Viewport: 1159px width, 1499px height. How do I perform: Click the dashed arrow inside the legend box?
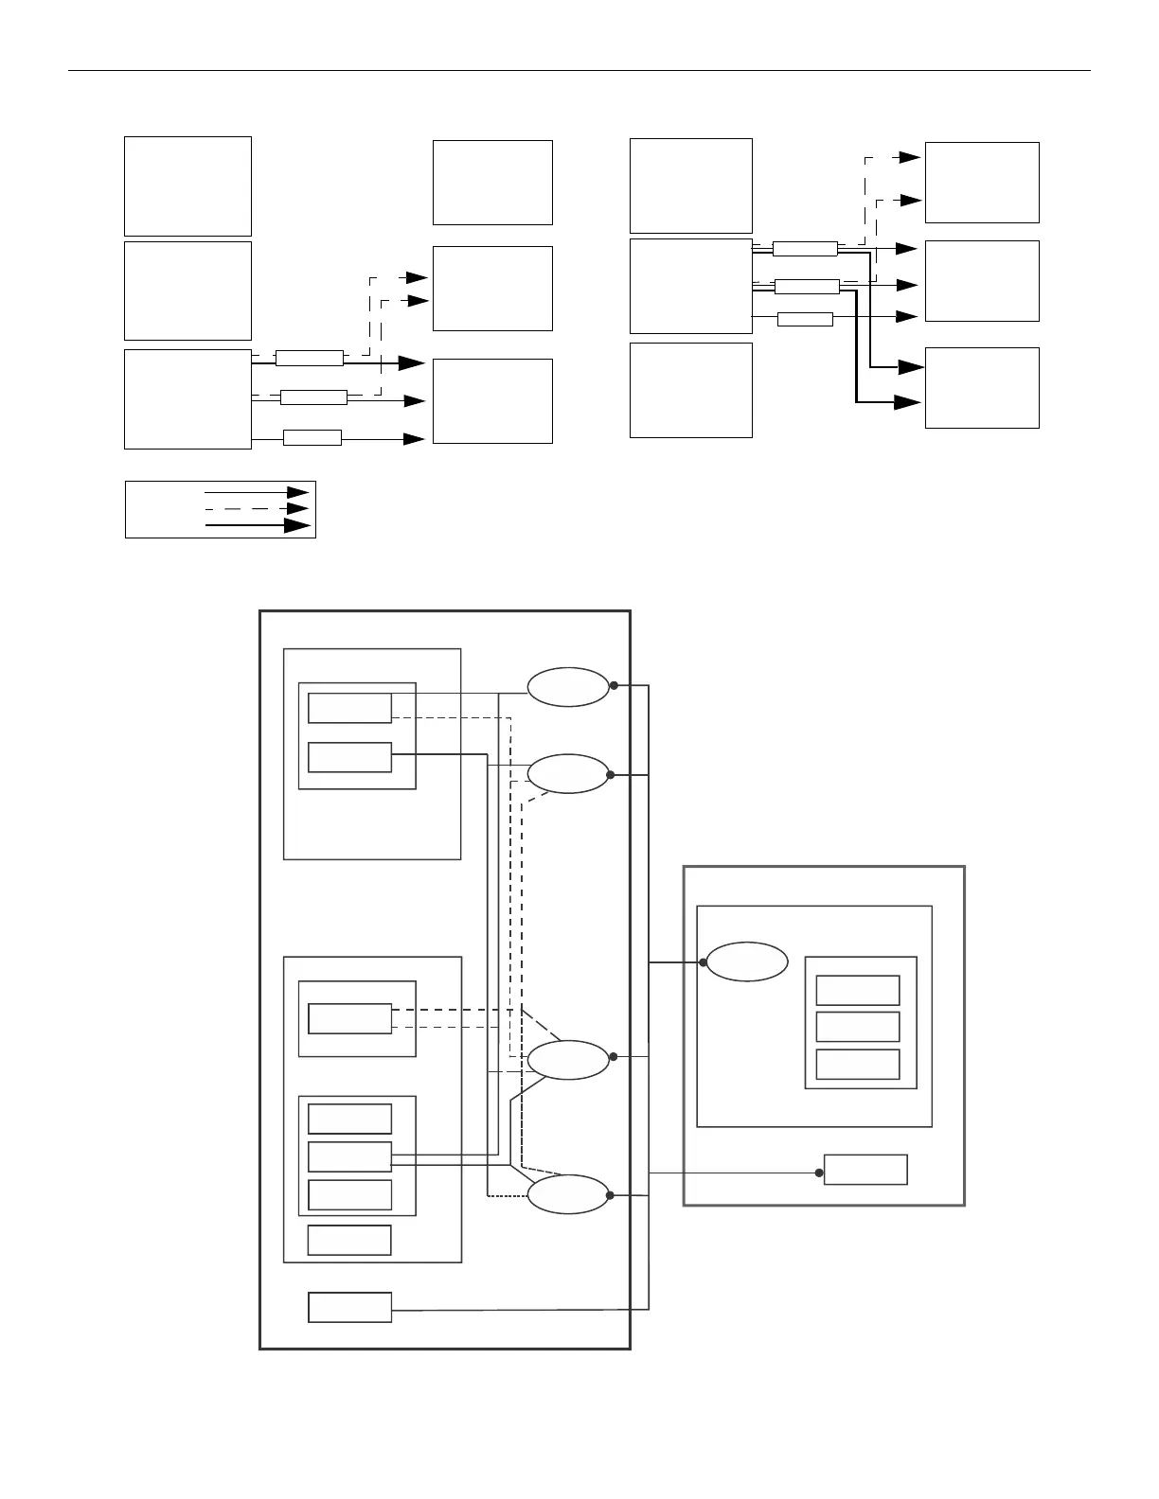point(256,508)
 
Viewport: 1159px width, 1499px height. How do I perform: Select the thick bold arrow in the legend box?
point(258,525)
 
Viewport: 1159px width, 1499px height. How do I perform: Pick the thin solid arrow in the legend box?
point(256,492)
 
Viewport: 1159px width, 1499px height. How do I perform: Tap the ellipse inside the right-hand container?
point(747,962)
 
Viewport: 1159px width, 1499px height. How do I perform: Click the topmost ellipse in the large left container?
point(568,687)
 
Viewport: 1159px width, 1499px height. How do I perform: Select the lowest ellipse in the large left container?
point(568,1194)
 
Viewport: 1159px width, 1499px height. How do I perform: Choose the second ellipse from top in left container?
point(568,774)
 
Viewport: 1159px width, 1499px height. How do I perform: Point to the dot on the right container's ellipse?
point(704,962)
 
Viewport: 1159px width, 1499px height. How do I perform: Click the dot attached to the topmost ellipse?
point(614,685)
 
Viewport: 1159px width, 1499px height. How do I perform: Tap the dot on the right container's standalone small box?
point(819,1173)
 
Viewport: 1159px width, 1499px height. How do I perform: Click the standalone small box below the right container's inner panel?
point(865,1170)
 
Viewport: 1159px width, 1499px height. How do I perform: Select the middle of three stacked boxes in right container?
point(858,1027)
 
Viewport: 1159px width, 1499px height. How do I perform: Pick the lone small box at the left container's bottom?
point(349,1307)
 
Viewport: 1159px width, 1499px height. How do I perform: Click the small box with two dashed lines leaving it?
point(349,1018)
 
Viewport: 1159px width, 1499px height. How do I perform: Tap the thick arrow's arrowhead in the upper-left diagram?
point(412,362)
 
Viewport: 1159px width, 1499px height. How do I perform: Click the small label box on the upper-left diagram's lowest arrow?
point(312,437)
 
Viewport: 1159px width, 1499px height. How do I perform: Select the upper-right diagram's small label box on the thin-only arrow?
point(805,319)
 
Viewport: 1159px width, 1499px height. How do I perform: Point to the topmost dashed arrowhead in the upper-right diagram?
point(910,157)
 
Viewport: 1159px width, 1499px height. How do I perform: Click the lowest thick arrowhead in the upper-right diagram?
point(908,402)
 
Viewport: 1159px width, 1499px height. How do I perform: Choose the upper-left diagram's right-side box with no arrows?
point(492,183)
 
